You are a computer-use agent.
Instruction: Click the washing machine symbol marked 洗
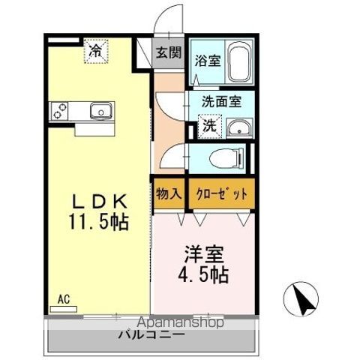(x=210, y=125)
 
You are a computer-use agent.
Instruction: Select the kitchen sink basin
(x=100, y=112)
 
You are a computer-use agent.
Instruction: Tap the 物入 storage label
(x=168, y=193)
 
